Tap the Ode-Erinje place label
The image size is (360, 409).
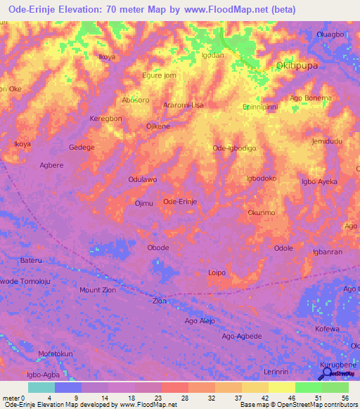coord(179,202)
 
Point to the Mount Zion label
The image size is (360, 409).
coord(98,290)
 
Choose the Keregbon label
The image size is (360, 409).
coord(105,119)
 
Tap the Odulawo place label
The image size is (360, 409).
coord(142,179)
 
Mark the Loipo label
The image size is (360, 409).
coord(217,272)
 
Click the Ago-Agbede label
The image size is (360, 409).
coord(242,336)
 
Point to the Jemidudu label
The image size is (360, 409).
coord(327,141)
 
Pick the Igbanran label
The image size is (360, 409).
coord(327,252)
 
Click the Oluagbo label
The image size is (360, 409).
coord(330,34)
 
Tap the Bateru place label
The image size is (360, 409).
coord(31,260)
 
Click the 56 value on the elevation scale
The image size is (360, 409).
coord(345,397)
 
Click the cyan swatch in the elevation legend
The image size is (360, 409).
coord(41,387)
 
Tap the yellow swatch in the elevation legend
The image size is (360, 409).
coord(281,387)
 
